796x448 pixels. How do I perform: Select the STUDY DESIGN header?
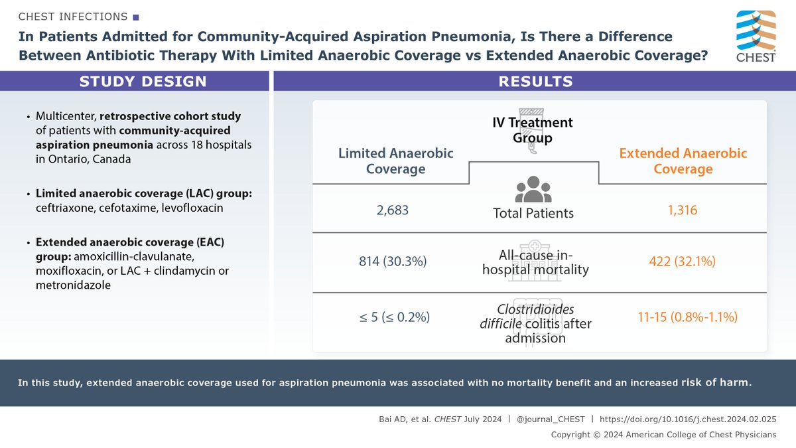pyautogui.click(x=143, y=82)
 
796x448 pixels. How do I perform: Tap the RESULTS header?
pyautogui.click(x=535, y=82)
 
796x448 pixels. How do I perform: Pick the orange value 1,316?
pyautogui.click(x=683, y=210)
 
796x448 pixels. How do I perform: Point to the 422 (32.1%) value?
pyautogui.click(x=683, y=261)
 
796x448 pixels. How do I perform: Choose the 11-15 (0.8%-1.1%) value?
pyautogui.click(x=683, y=317)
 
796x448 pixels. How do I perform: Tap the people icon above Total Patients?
pyautogui.click(x=533, y=189)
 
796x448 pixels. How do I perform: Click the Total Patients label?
pyautogui.click(x=533, y=213)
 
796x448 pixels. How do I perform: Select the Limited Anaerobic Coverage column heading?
pyautogui.click(x=395, y=161)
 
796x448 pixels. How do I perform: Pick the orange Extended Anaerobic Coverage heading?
pyautogui.click(x=683, y=161)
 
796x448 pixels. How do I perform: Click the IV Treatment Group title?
pyautogui.click(x=533, y=129)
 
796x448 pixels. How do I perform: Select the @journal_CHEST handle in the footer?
pyautogui.click(x=552, y=419)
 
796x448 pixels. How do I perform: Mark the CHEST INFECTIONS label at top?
pyautogui.click(x=73, y=15)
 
